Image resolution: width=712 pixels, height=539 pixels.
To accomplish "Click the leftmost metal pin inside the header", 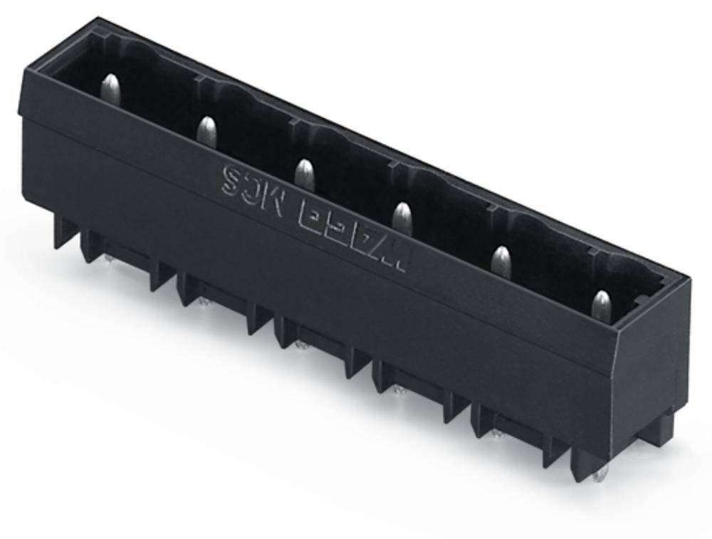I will pos(110,90).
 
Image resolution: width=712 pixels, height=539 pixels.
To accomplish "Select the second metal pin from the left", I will pos(206,132).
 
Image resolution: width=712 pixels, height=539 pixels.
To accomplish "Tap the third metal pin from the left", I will pos(304,174).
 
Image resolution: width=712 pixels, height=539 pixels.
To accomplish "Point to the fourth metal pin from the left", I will pos(402,217).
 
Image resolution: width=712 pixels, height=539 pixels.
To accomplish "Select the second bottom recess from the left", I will pos(218,295).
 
